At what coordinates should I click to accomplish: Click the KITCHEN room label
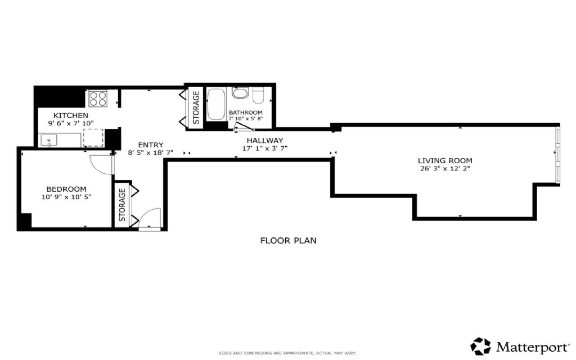70,115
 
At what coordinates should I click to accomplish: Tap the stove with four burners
97,99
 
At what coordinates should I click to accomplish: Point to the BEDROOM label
66,189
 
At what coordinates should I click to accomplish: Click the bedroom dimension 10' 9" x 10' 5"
66,197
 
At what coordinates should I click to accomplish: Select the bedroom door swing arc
101,164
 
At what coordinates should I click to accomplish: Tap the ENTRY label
139,145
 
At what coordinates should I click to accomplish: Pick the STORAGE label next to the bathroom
196,107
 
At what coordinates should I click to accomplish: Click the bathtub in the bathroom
216,104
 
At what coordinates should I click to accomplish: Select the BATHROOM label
245,112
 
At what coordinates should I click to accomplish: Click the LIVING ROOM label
445,160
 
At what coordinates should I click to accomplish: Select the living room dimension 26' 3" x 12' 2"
445,169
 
